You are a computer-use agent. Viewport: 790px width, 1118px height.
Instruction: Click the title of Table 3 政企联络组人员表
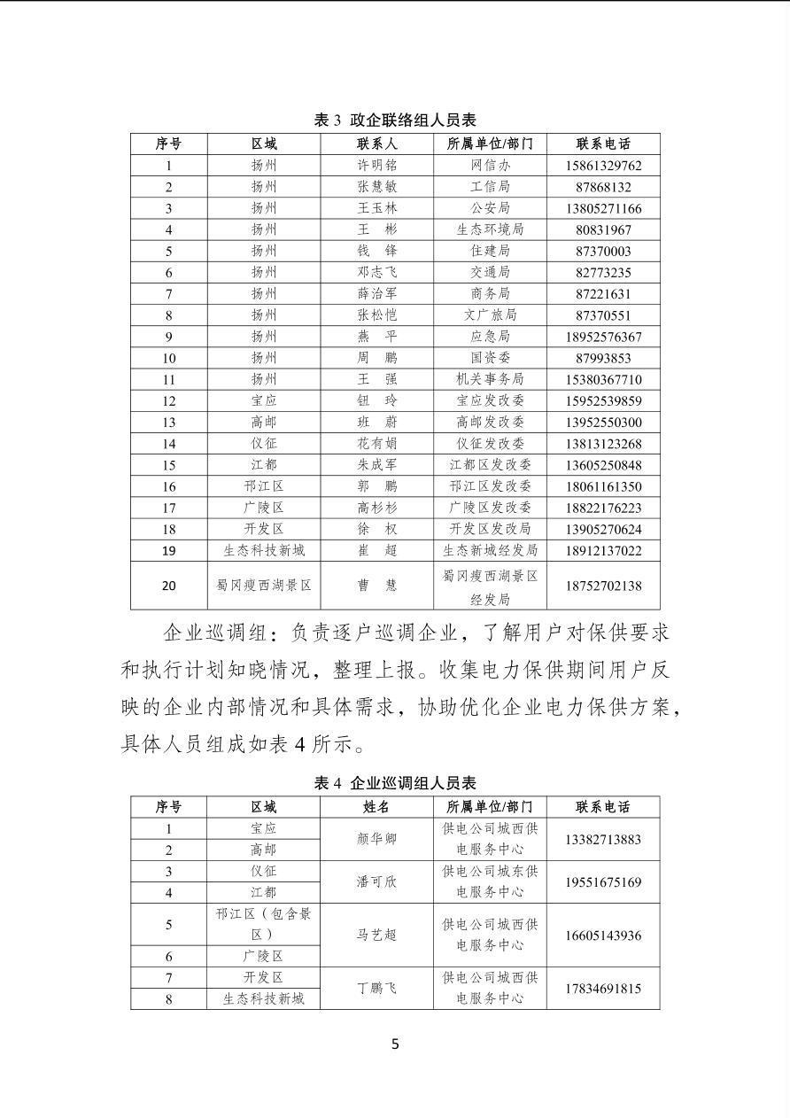(395, 120)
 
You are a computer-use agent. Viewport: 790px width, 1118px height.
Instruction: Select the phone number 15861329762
(602, 166)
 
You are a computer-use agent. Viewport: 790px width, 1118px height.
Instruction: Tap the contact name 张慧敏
(376, 187)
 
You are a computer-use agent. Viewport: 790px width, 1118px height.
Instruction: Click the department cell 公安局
(490, 208)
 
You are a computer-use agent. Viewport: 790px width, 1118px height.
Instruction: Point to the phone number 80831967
(602, 229)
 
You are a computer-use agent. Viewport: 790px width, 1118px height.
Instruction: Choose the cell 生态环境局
(490, 229)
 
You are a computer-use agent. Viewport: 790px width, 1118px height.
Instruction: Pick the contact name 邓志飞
(376, 273)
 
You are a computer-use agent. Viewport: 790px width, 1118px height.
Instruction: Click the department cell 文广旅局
(490, 315)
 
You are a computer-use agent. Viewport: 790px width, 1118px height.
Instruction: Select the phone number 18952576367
(602, 337)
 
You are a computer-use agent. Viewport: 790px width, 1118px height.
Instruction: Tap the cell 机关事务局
(490, 379)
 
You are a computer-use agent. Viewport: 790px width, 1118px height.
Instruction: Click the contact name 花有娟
(376, 444)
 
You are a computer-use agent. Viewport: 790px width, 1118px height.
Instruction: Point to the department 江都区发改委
(490, 465)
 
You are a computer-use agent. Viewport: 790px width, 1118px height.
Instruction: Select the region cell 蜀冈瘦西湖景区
(263, 586)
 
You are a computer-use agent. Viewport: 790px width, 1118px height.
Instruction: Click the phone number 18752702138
(602, 586)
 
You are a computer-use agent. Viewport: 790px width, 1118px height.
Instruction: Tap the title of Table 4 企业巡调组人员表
(395, 783)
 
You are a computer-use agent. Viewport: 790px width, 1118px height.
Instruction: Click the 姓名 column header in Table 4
(376, 807)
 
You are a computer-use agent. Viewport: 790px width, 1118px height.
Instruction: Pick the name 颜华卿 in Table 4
(376, 839)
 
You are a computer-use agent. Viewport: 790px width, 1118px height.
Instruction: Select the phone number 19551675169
(602, 882)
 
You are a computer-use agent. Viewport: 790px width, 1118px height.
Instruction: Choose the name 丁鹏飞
(376, 989)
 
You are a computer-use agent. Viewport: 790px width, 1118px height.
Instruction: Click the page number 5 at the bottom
(395, 1044)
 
